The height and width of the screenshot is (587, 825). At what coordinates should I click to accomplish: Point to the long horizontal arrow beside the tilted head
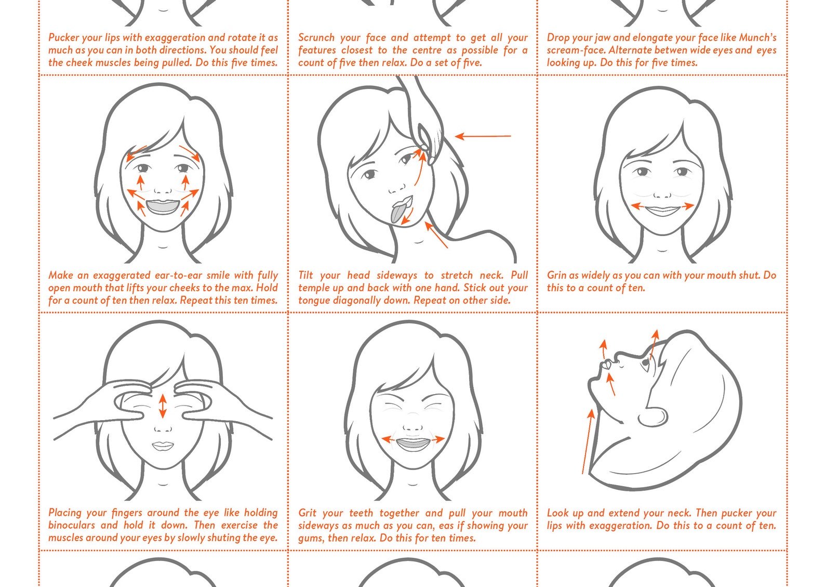coord(483,136)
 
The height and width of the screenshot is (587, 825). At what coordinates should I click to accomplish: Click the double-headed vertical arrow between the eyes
coord(163,406)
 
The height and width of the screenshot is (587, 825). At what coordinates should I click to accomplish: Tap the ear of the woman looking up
coord(653,417)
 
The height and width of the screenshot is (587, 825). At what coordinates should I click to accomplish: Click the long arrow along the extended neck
coord(587,441)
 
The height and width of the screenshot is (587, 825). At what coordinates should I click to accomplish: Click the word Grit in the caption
coord(307,513)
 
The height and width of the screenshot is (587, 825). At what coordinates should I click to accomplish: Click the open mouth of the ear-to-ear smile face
coord(163,206)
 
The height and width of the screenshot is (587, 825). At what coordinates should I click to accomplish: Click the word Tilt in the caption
coord(305,275)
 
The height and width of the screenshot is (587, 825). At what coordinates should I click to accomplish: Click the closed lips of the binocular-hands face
coord(163,446)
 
